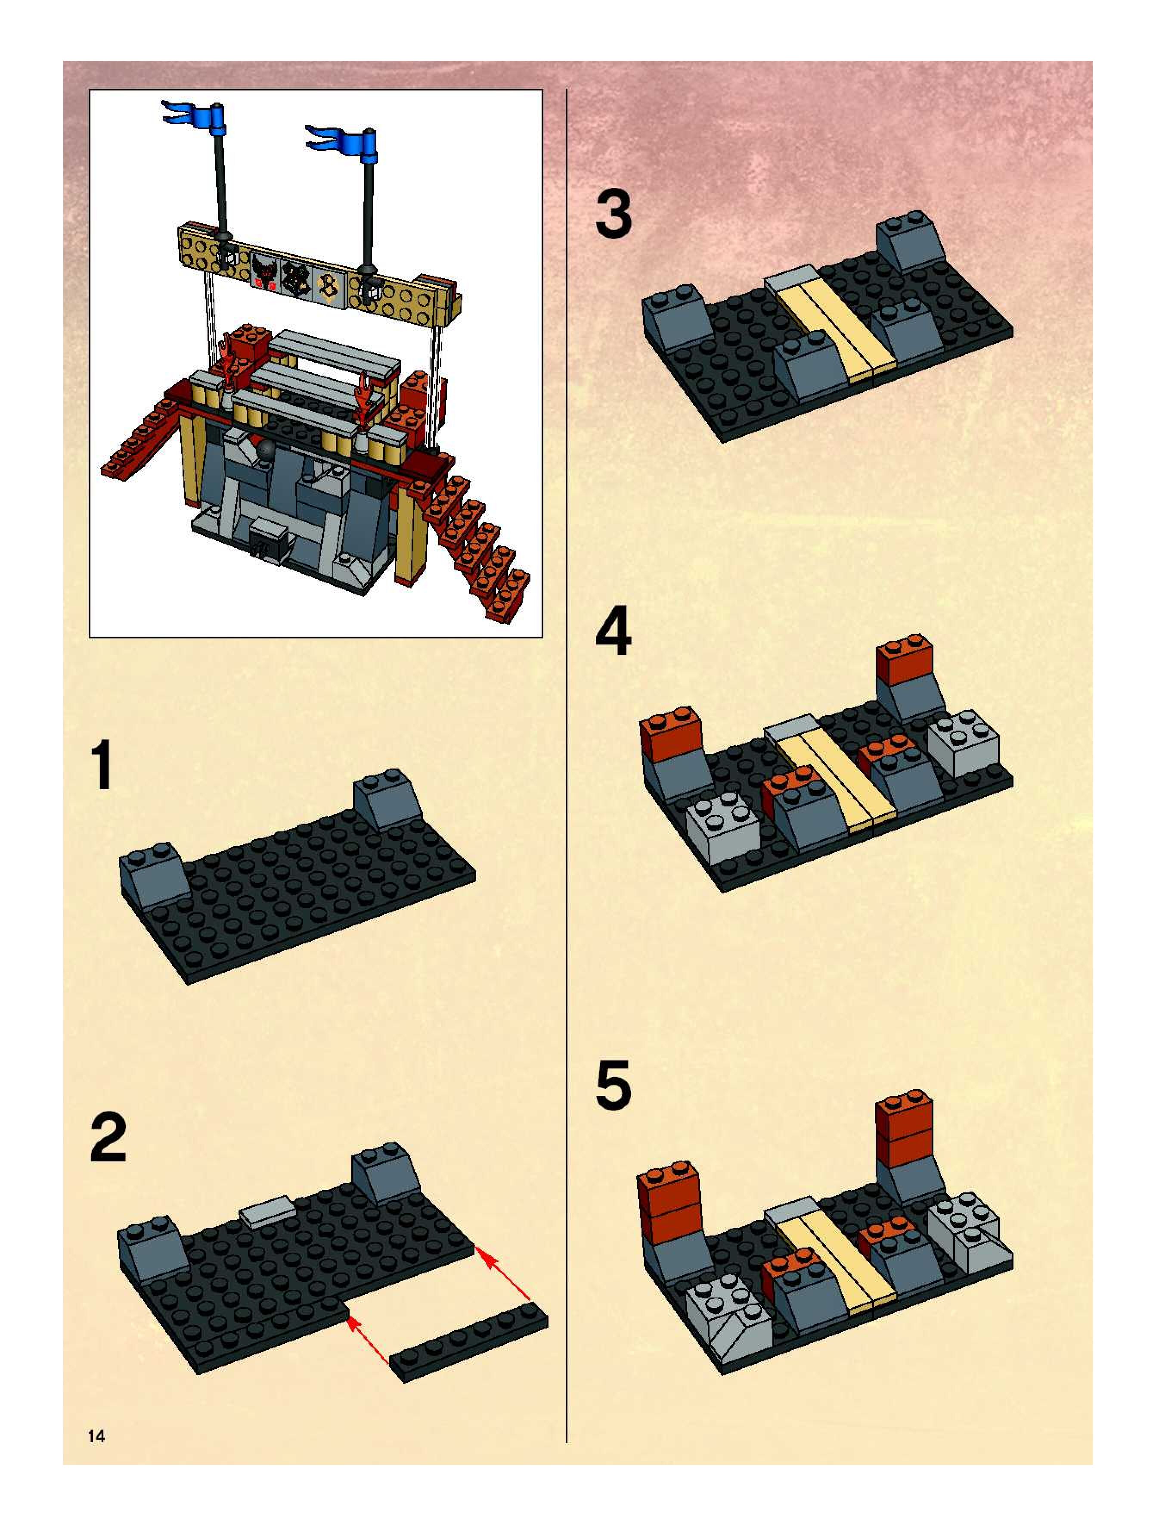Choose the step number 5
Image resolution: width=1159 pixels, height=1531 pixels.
[614, 1085]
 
